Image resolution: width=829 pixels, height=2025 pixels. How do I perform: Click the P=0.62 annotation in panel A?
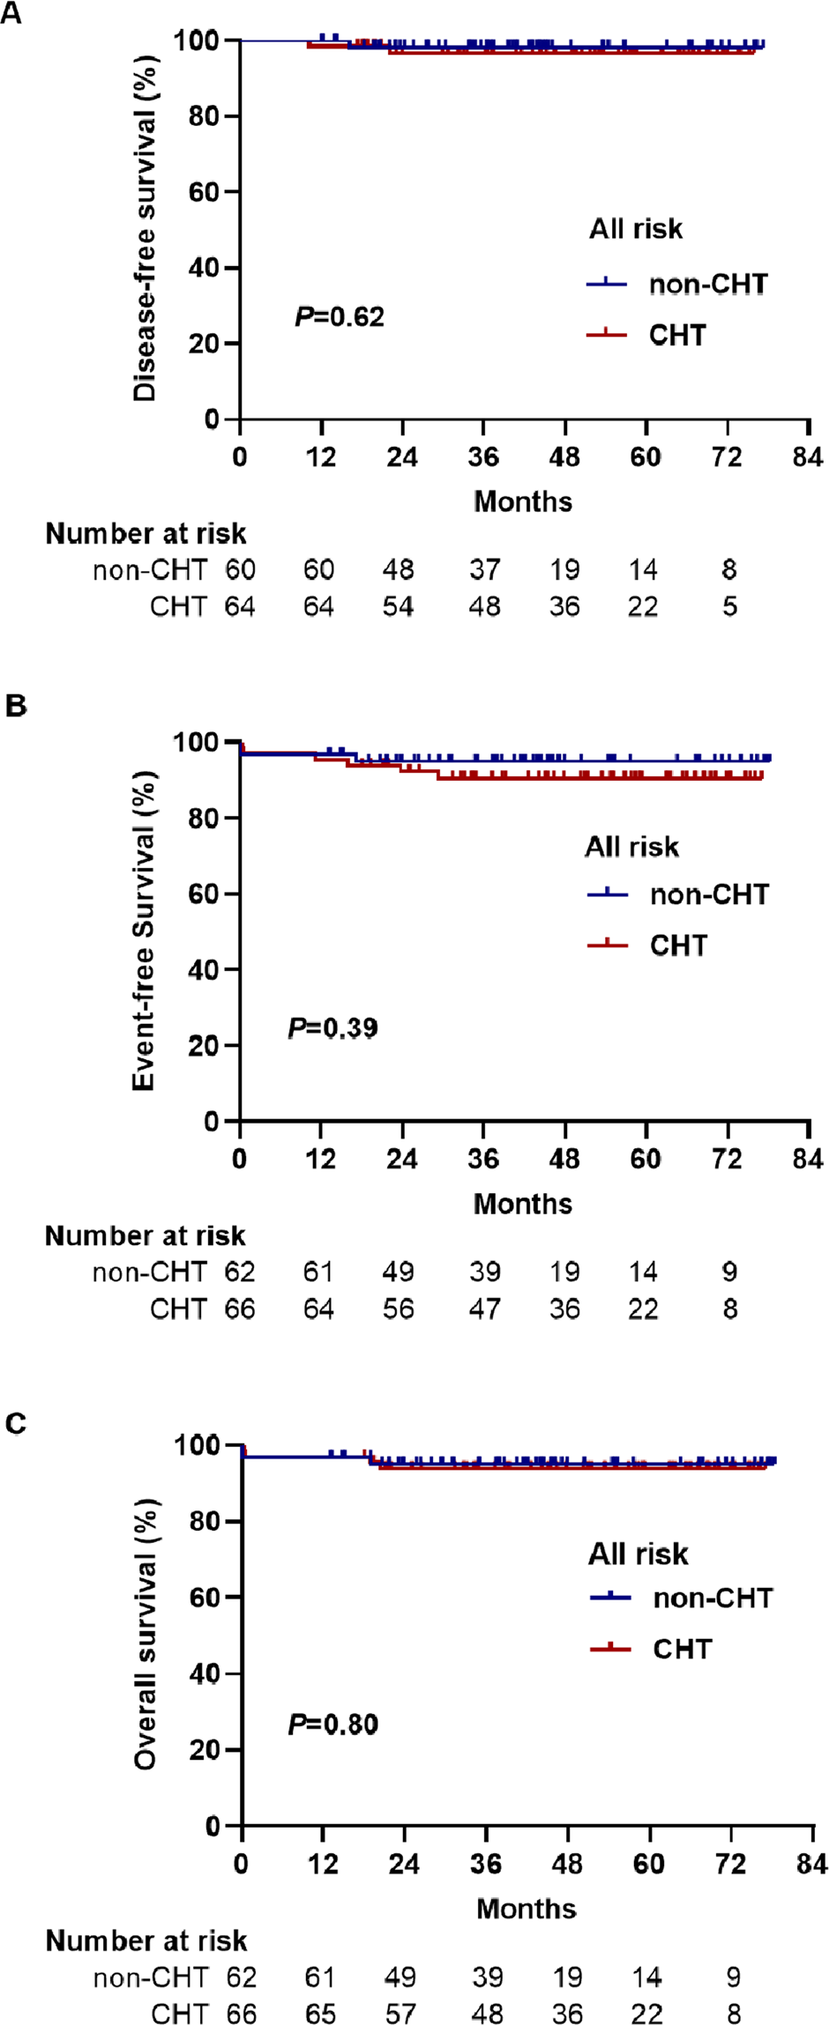tap(340, 316)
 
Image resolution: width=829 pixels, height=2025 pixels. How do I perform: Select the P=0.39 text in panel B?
tap(332, 1027)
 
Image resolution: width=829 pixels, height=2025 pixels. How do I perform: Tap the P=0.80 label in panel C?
tap(332, 1724)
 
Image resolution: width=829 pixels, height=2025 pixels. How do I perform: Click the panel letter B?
tap(16, 707)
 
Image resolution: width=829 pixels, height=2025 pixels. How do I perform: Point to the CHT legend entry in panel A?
tap(677, 335)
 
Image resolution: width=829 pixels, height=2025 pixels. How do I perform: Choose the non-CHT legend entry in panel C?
tap(713, 1598)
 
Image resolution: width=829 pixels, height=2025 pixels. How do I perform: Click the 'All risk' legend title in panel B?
tap(631, 847)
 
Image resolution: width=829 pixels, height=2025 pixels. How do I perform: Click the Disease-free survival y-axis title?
tap(145, 229)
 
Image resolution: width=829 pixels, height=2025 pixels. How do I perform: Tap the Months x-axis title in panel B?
tap(523, 1204)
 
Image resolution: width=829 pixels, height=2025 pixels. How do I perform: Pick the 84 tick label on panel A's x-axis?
tap(807, 456)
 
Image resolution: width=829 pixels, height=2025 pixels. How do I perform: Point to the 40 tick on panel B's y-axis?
tap(204, 969)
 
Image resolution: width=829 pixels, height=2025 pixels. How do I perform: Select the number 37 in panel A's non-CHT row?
tap(484, 570)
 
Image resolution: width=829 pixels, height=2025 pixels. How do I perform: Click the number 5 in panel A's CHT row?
tap(729, 607)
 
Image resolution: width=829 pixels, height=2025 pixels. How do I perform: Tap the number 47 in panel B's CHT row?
tap(484, 1309)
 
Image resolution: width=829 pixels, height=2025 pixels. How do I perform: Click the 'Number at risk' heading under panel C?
tap(146, 1941)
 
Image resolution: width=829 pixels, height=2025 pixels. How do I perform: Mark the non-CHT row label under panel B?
tap(150, 1272)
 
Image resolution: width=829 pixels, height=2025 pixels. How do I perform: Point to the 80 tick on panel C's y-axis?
tap(205, 1522)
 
